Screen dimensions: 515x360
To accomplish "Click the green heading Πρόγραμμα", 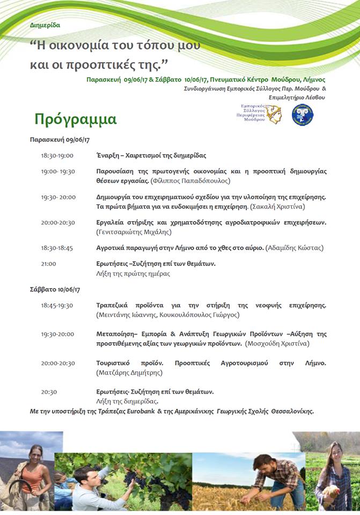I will point(75,119).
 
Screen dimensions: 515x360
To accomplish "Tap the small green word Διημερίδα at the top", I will point(45,25).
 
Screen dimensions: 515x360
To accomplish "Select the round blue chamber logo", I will point(303,114).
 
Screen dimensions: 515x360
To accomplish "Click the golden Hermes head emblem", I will point(274,114).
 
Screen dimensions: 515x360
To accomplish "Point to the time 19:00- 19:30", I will point(58,171).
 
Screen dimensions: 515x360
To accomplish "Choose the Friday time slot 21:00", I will point(48,264).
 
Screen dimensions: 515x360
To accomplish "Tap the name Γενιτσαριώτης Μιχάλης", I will point(134,232).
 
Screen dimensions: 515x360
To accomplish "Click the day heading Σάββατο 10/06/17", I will point(55,290).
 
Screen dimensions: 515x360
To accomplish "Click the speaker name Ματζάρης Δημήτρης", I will point(129,372).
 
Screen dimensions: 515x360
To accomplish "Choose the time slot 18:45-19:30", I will point(57,305).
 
